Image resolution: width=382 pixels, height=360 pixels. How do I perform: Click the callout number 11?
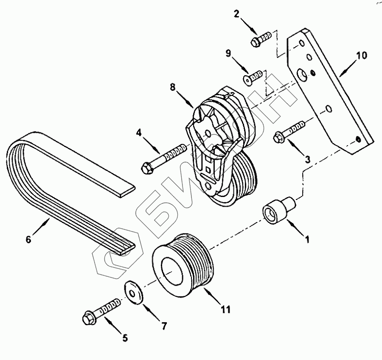(225, 309)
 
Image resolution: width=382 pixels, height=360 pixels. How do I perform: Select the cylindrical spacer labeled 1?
(275, 209)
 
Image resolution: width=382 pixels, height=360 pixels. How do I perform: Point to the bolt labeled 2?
(260, 40)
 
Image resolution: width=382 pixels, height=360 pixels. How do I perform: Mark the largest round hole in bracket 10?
(302, 75)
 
